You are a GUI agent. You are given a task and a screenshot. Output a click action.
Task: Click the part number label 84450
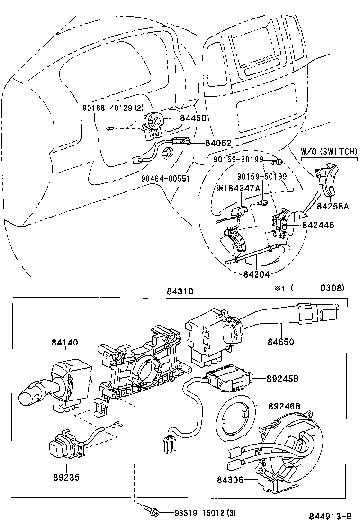click(x=193, y=118)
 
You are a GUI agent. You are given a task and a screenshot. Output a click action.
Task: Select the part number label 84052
click(x=218, y=143)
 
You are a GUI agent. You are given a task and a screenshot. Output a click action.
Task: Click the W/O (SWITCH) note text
click(x=329, y=152)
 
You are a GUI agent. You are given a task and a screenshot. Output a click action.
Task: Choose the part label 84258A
click(x=333, y=206)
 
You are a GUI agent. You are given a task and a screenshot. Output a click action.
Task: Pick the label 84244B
click(x=318, y=225)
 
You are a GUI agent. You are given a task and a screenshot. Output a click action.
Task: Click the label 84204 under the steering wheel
click(x=257, y=274)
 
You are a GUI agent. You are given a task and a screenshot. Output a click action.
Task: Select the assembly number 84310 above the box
click(x=180, y=292)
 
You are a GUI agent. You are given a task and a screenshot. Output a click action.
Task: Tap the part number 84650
click(x=294, y=341)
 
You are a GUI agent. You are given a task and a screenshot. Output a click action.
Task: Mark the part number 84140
click(x=65, y=342)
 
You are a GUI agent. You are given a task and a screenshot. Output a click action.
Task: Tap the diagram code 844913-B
click(x=330, y=517)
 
